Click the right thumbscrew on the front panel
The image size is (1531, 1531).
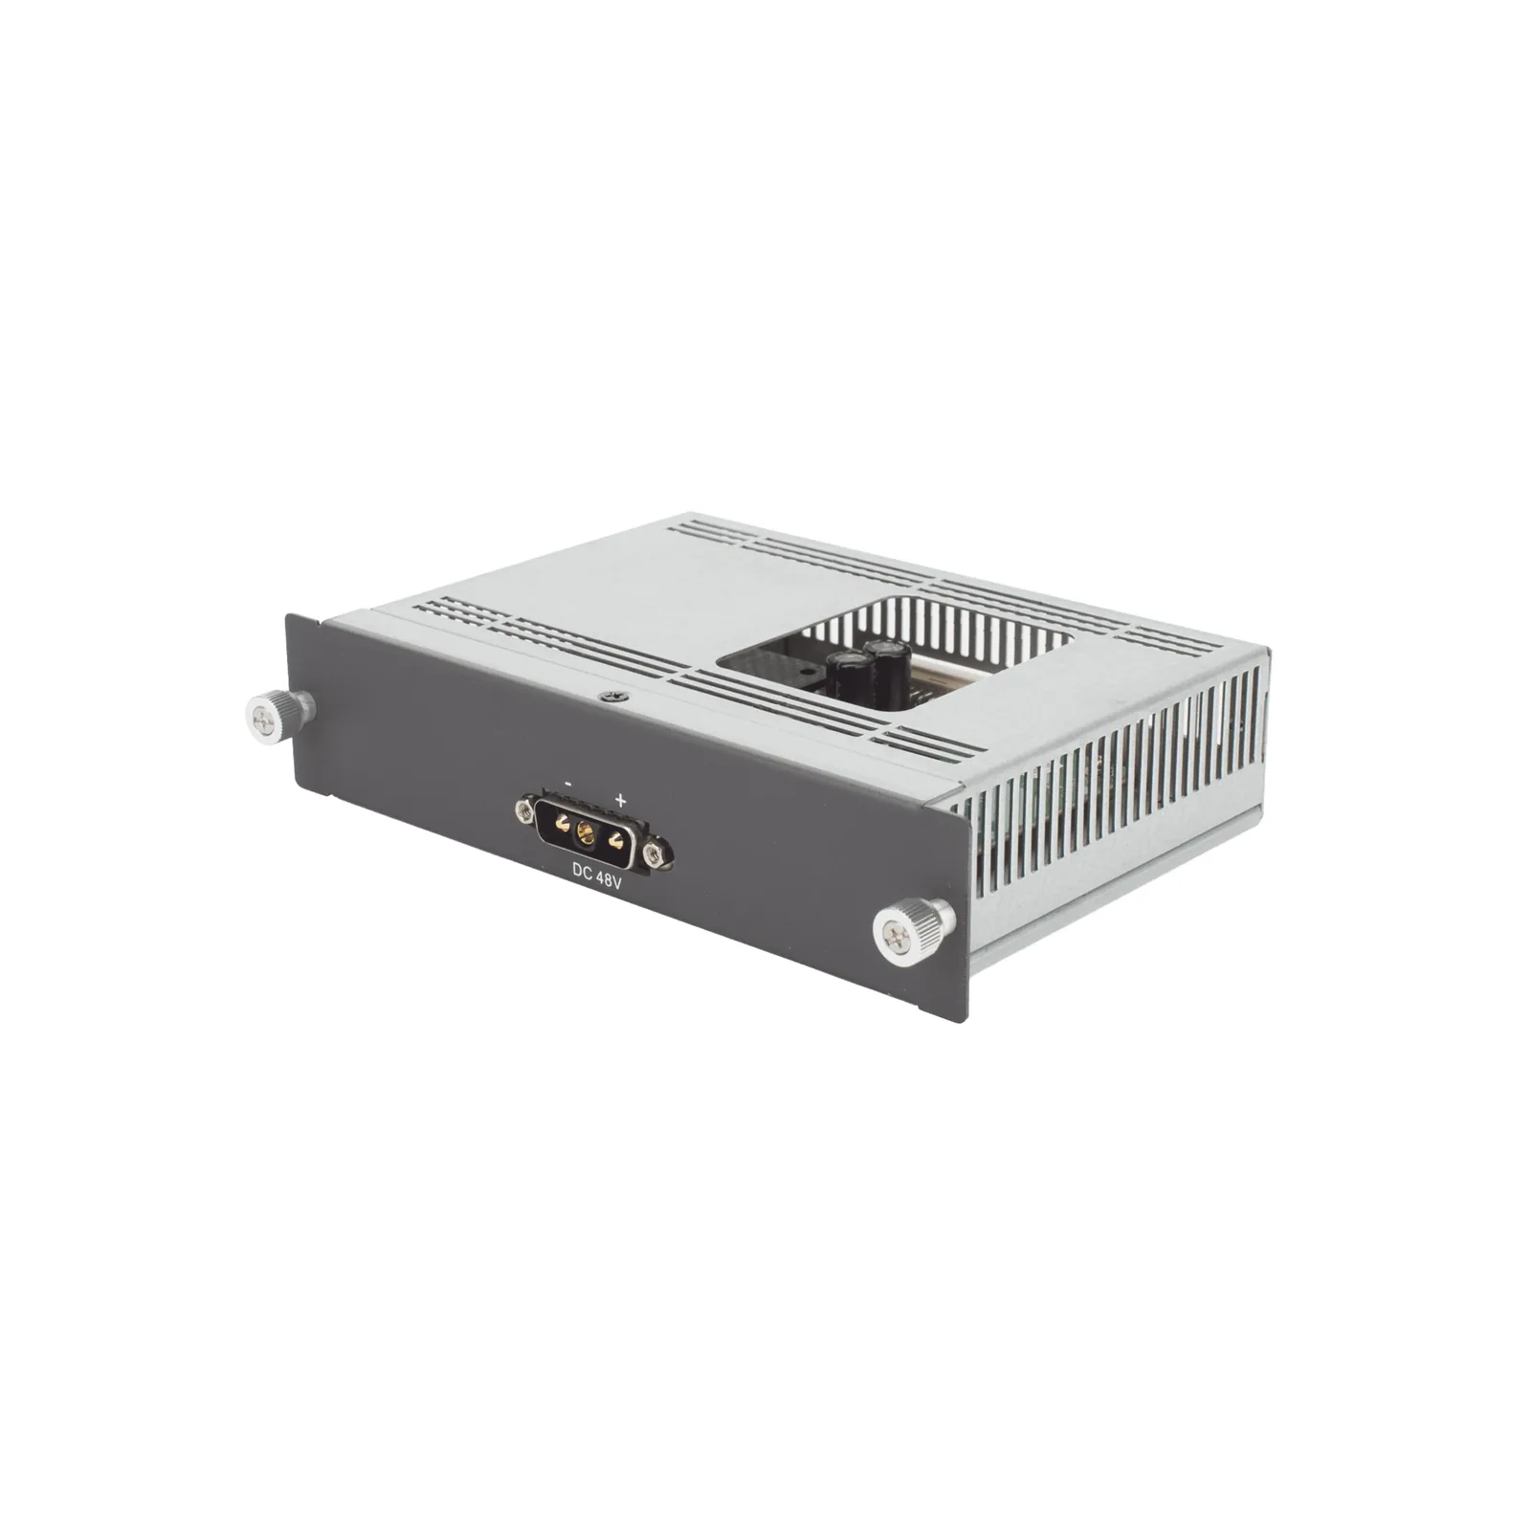[x=915, y=926]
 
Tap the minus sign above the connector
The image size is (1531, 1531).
[x=569, y=783]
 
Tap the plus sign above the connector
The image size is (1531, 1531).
[x=620, y=798]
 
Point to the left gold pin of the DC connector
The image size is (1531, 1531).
[x=563, y=823]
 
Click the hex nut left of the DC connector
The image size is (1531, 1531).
[x=523, y=811]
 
